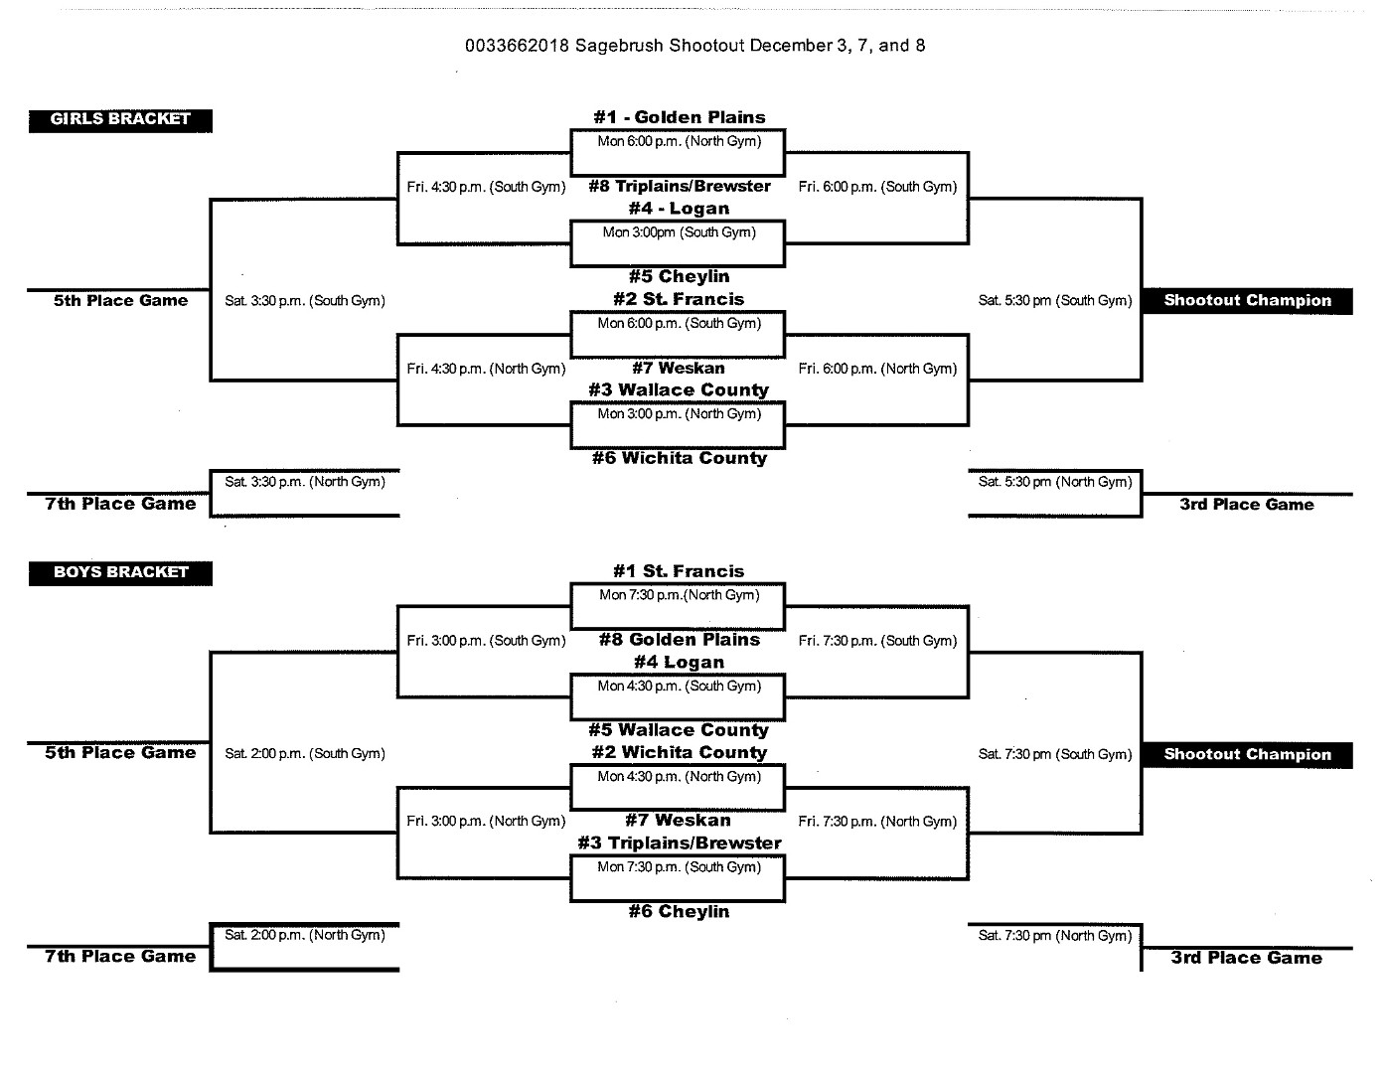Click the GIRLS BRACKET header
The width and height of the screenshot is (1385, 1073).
[x=120, y=120]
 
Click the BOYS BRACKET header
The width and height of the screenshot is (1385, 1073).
[x=120, y=572]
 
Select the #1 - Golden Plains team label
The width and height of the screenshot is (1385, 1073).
[x=680, y=117]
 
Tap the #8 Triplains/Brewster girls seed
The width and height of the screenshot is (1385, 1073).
[x=680, y=186]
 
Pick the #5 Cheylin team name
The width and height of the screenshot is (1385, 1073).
[x=680, y=276]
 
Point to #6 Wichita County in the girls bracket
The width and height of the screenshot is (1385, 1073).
[x=680, y=458]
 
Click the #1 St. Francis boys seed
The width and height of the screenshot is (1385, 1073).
[x=679, y=571]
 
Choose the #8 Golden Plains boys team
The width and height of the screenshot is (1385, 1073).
[x=680, y=640]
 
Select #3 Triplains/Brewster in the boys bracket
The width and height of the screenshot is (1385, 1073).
[x=680, y=843]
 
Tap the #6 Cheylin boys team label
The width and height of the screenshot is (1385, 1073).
[x=680, y=912]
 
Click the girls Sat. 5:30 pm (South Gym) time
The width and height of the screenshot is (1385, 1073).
[x=1055, y=301]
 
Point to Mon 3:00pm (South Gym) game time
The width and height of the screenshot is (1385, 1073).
[x=680, y=232]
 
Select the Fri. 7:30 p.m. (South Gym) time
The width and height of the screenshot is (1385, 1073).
[x=877, y=641]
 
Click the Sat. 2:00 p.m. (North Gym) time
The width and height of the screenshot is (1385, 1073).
[x=305, y=935]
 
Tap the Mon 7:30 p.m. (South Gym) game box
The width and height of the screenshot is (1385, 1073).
[x=678, y=878]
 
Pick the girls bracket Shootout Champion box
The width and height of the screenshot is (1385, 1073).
[x=1247, y=301]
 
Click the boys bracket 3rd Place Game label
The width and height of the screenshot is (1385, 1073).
[x=1247, y=958]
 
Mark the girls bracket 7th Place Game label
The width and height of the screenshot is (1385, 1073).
[x=120, y=504]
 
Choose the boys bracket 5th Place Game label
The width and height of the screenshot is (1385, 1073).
[x=120, y=753]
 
